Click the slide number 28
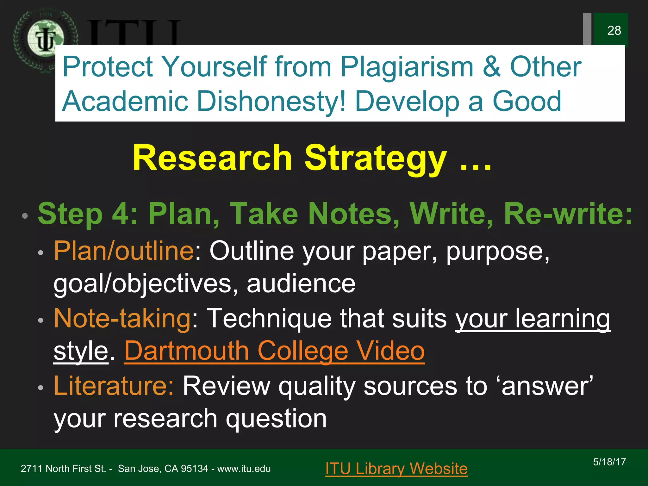click(x=614, y=31)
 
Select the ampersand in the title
click(x=492, y=67)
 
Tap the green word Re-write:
click(x=568, y=214)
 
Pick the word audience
click(x=301, y=283)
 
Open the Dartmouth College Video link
click(x=274, y=351)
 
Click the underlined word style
click(x=81, y=351)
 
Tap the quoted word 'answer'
click(x=547, y=386)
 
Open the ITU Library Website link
click(x=396, y=469)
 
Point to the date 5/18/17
click(x=609, y=462)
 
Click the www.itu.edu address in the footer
click(x=244, y=469)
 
